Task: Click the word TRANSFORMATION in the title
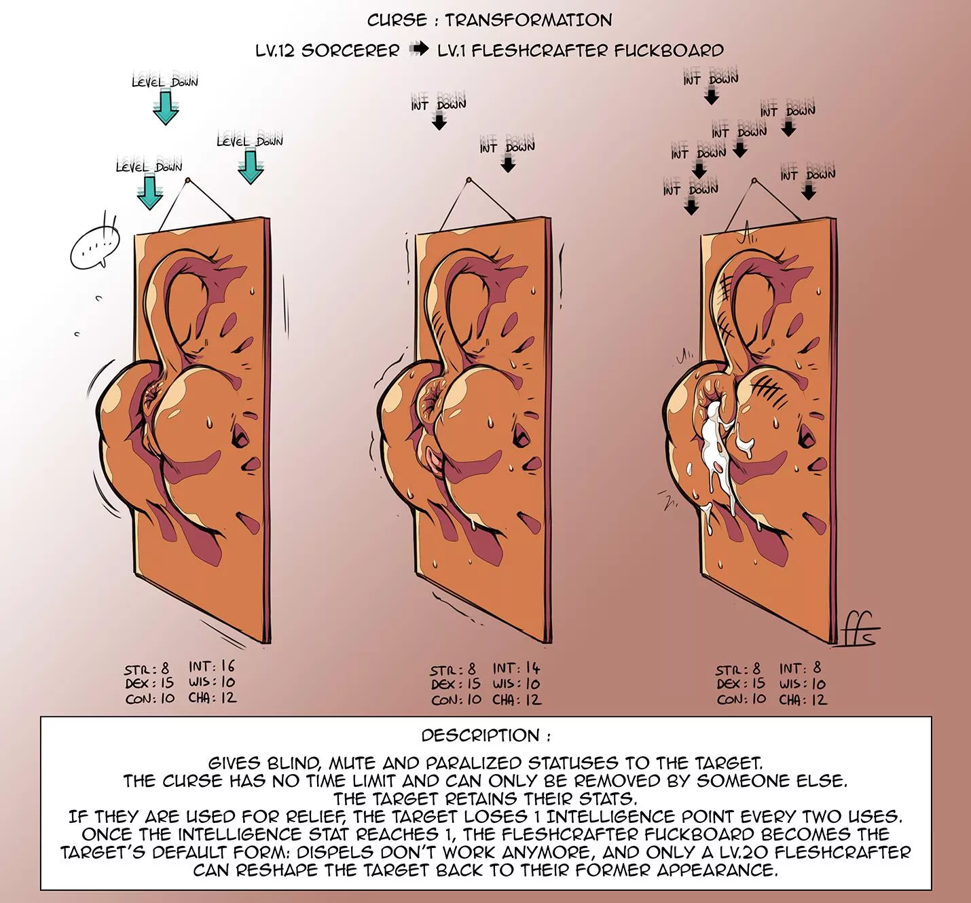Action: [x=528, y=20]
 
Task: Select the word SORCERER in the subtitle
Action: [x=350, y=50]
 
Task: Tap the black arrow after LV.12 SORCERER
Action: [x=419, y=49]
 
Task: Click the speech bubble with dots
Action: [x=95, y=247]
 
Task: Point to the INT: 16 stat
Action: [x=212, y=666]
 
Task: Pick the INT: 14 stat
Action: [x=516, y=668]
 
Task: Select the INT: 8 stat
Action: [x=801, y=668]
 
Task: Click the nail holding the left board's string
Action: [x=187, y=181]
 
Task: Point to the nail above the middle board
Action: [x=469, y=180]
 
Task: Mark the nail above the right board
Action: [x=754, y=181]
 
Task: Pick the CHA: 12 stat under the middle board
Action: [x=517, y=700]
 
